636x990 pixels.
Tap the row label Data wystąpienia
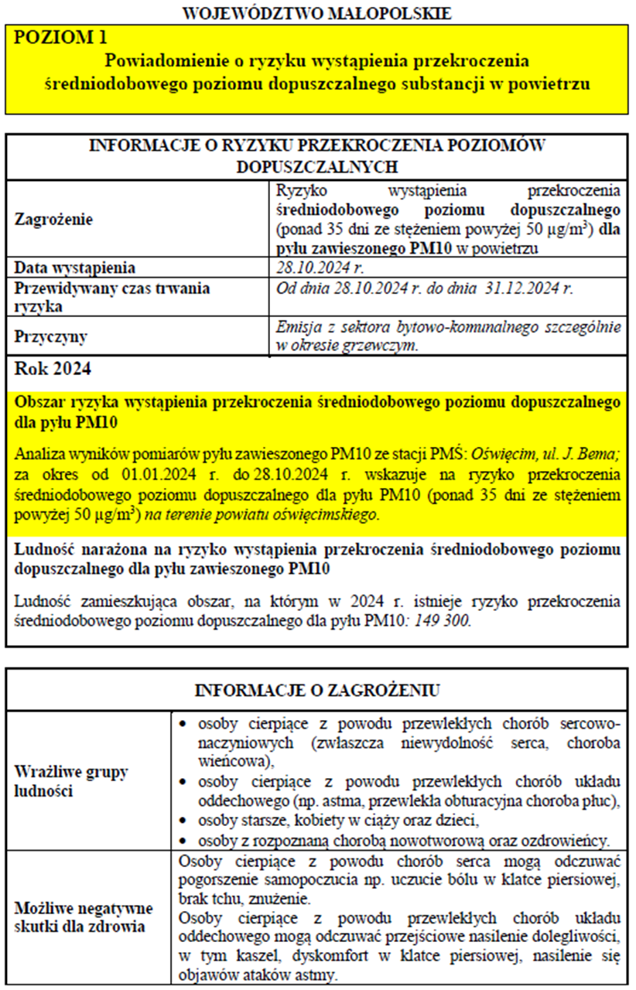76,268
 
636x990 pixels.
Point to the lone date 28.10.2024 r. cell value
320,268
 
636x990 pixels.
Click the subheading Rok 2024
53,369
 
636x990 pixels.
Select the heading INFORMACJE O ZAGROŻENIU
316,690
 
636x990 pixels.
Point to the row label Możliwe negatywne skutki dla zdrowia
84,917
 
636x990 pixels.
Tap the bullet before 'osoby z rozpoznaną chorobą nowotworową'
182,840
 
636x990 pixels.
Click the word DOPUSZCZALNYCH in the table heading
316,166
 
